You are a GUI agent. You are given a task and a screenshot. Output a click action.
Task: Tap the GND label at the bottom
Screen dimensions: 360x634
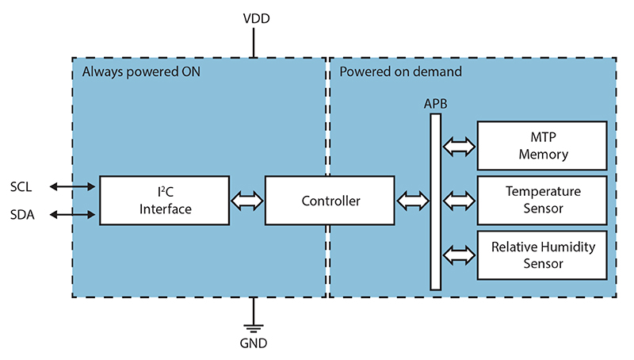(254, 343)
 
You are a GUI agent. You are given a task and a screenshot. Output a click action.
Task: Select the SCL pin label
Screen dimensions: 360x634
(23, 187)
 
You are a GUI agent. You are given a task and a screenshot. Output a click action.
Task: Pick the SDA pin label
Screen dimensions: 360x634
(23, 215)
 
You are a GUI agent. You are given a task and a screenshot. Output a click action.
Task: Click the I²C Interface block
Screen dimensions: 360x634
(165, 201)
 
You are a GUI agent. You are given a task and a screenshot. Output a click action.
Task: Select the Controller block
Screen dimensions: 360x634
(330, 201)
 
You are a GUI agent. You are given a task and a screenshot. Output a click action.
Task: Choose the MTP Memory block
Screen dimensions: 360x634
(544, 146)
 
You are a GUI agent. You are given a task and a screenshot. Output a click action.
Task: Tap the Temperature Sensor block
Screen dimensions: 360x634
(544, 200)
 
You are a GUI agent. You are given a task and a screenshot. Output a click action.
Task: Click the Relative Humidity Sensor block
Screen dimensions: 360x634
(544, 255)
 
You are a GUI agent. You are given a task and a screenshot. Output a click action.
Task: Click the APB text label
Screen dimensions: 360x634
(435, 104)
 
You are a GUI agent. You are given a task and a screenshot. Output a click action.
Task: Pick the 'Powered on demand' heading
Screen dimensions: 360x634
(400, 72)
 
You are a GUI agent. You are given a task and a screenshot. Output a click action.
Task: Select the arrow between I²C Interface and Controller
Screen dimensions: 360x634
(246, 201)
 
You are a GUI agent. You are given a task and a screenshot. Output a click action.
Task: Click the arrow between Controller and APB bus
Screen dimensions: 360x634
(411, 201)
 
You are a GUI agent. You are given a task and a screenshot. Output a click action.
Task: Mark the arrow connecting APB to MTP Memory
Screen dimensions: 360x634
(459, 146)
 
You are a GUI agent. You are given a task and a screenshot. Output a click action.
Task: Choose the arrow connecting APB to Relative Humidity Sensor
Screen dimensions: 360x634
(459, 255)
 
